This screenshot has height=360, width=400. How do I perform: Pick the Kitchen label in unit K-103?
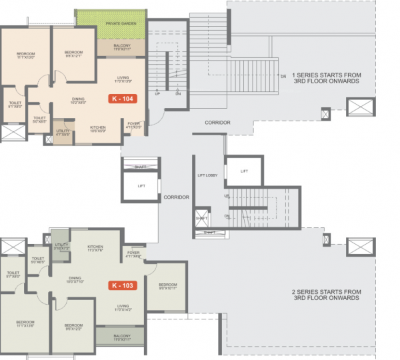(95, 248)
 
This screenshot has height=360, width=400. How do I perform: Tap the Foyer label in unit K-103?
(131, 254)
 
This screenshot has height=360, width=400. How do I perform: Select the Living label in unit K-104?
(123, 79)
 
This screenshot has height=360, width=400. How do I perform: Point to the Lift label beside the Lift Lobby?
(244, 171)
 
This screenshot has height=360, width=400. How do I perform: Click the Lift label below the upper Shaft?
(141, 186)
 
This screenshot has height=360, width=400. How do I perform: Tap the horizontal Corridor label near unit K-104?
(217, 123)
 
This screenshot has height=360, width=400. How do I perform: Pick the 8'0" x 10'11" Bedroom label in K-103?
(167, 286)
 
